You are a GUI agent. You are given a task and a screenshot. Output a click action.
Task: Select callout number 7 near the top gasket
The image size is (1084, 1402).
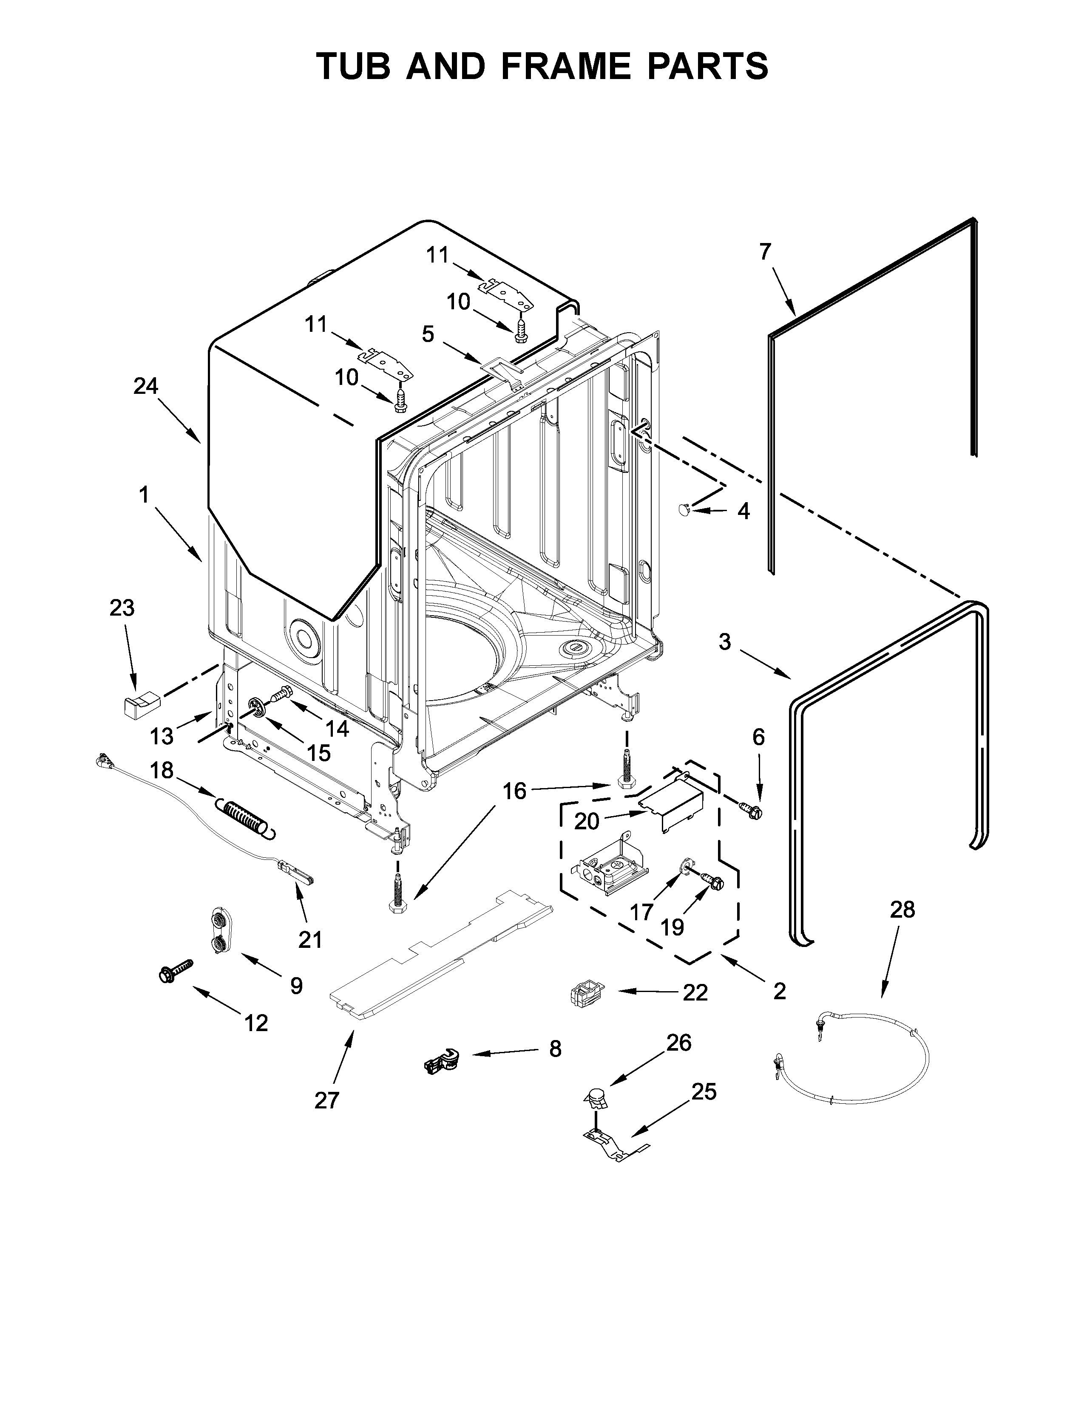point(764,252)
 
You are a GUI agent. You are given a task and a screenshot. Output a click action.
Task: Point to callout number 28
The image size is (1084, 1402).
point(902,910)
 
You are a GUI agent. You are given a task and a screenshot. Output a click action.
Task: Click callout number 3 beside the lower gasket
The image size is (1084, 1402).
point(724,641)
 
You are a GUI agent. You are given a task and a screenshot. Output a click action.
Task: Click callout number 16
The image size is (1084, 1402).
point(514,791)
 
